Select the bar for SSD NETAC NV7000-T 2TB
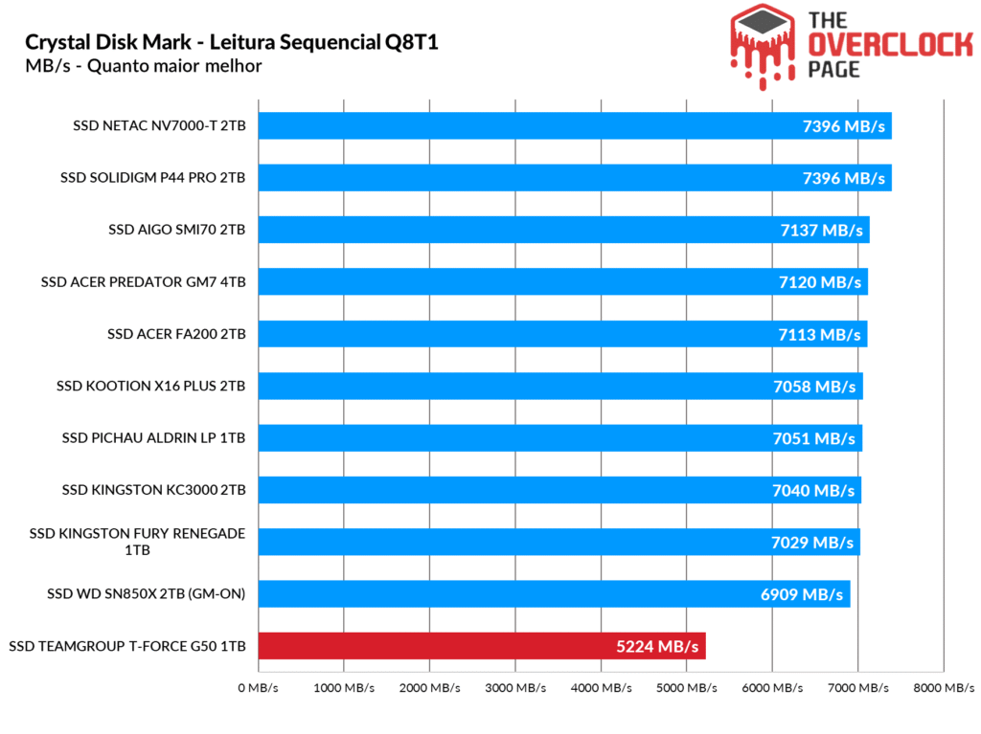coord(575,126)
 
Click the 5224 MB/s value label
coord(659,647)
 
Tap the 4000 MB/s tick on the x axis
coord(602,687)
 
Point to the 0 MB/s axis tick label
coord(258,687)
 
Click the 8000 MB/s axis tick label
coord(944,687)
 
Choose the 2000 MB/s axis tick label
coord(430,687)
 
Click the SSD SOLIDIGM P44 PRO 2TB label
coord(152,178)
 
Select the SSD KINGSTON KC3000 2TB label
coord(154,490)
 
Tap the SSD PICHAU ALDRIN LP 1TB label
coord(153,438)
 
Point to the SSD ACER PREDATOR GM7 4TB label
coord(144,282)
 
